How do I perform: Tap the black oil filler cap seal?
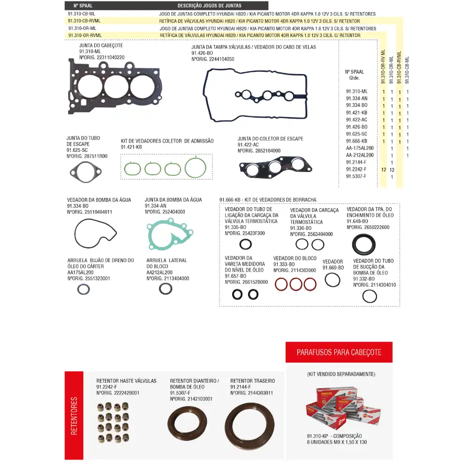(x=363, y=244)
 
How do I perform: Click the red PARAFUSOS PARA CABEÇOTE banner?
(x=339, y=352)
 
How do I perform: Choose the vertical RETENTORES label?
(x=74, y=416)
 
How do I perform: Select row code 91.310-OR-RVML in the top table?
(x=85, y=35)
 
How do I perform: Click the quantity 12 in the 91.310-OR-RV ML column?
(x=384, y=169)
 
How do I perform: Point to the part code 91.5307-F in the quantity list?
(x=356, y=176)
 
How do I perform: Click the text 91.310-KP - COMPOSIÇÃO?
(x=333, y=436)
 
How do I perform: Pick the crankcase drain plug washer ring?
(x=83, y=289)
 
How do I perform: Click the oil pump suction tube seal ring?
(x=370, y=296)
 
